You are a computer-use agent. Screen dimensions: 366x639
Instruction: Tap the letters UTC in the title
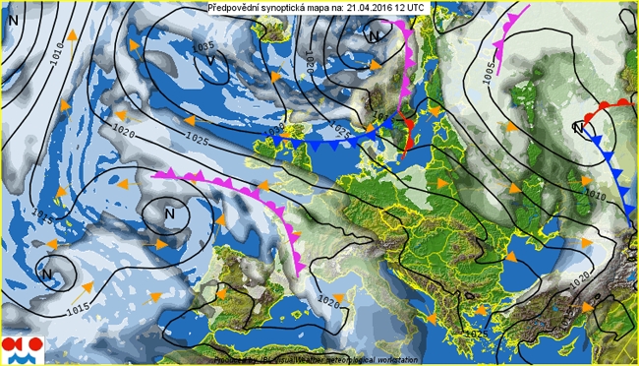(x=416, y=7)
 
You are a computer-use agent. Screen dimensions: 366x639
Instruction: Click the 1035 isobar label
(x=204, y=46)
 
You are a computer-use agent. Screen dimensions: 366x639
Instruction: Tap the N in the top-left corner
(x=13, y=18)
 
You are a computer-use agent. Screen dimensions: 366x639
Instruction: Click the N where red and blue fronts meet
(x=579, y=128)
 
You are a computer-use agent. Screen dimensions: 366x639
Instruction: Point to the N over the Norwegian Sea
(x=374, y=36)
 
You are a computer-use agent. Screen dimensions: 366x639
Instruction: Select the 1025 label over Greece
(x=476, y=335)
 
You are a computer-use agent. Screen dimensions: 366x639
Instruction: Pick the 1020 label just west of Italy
(x=328, y=302)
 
